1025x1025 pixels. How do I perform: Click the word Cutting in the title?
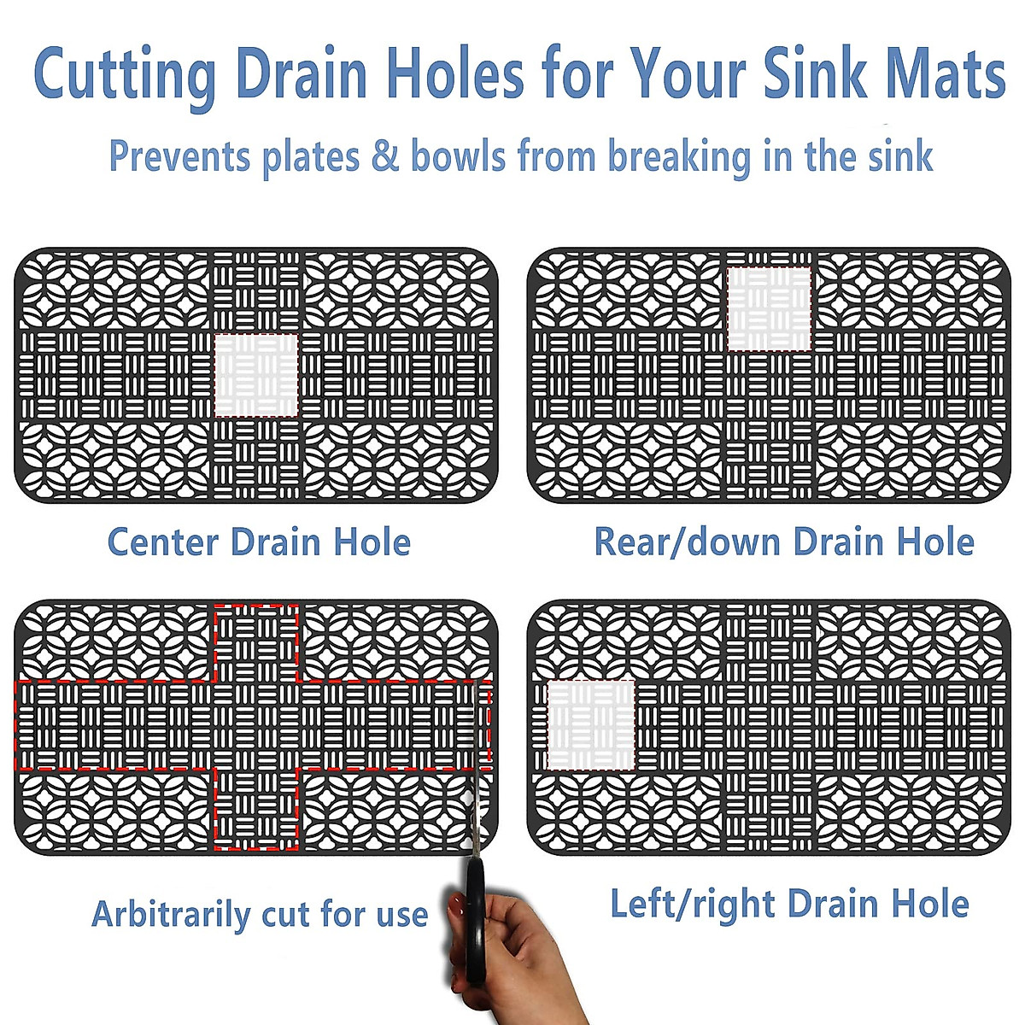click(125, 75)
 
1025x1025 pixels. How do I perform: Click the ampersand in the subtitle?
click(385, 157)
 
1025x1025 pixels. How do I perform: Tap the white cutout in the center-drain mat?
click(256, 375)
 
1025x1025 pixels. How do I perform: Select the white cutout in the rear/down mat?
click(769, 308)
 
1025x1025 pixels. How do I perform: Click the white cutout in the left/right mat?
click(590, 725)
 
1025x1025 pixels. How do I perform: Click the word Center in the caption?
click(162, 542)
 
